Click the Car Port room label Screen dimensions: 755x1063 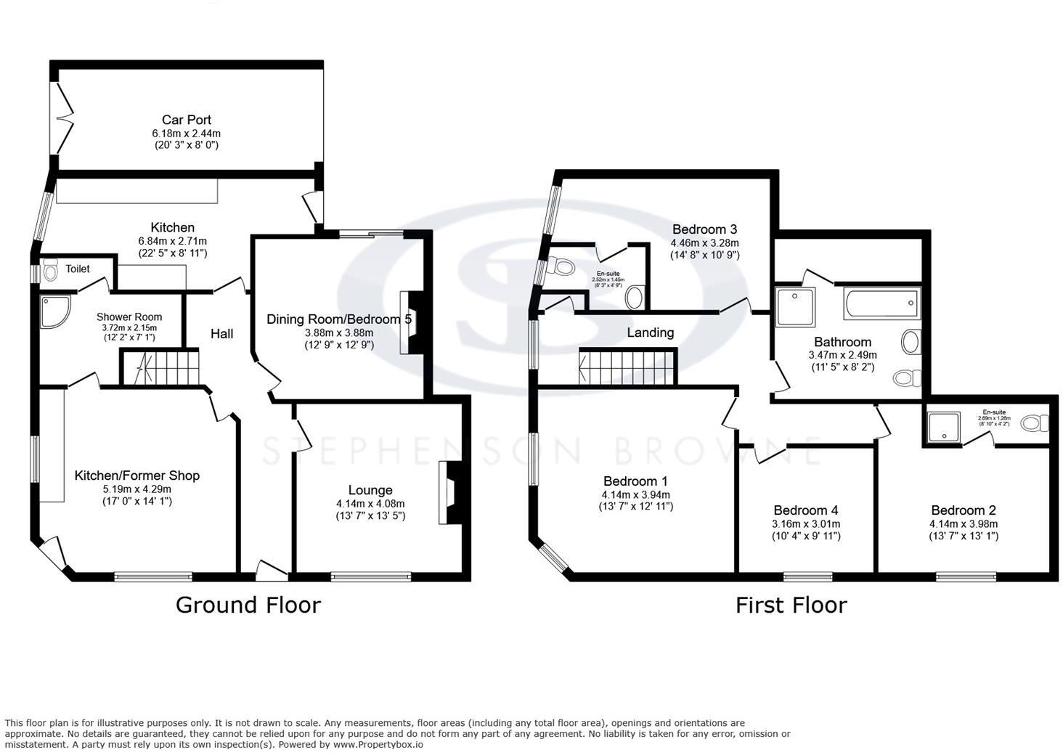click(187, 120)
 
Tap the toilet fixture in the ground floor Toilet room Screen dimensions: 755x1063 click(50, 272)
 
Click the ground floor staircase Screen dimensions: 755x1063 click(160, 367)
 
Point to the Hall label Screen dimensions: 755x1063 click(221, 333)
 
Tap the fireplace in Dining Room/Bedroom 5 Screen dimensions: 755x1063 click(410, 322)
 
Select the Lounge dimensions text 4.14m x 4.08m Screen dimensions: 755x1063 click(370, 504)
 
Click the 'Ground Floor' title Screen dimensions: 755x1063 click(248, 605)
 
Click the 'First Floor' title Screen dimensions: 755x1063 click(791, 605)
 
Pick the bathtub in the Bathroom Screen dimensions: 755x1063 click(881, 303)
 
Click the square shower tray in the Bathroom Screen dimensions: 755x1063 click(796, 306)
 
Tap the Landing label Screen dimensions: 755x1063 click(650, 332)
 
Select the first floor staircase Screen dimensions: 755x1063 click(628, 367)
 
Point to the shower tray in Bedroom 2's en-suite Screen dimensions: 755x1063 click(942, 425)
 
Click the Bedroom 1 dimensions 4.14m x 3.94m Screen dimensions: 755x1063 click(635, 495)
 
